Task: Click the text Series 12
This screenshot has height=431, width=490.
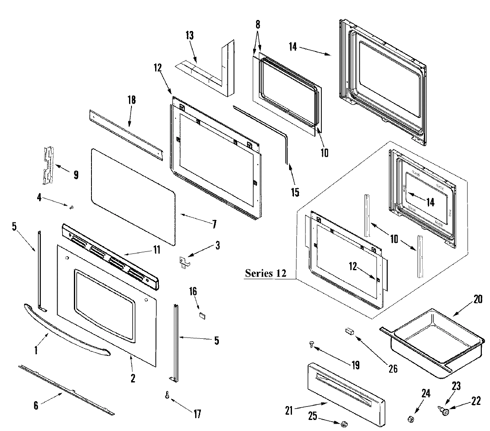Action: point(265,273)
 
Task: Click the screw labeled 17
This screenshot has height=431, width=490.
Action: point(167,395)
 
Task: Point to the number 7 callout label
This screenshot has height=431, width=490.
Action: point(214,224)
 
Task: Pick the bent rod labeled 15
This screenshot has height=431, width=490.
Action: point(265,122)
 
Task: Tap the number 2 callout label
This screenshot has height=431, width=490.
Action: point(133,378)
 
